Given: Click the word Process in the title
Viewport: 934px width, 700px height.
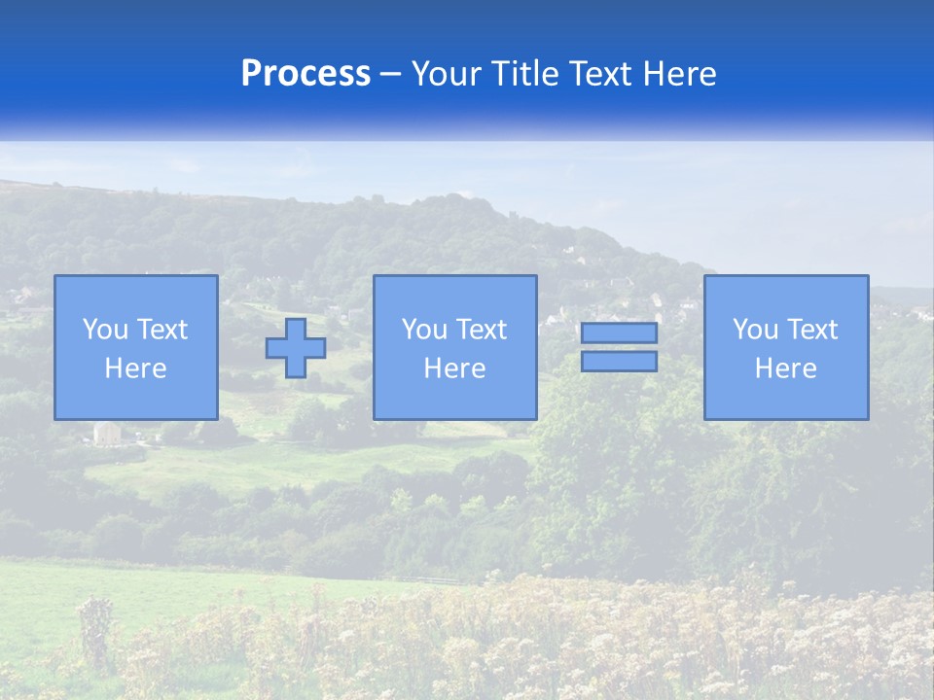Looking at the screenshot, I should tap(305, 74).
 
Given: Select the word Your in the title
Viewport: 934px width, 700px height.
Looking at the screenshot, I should tap(446, 74).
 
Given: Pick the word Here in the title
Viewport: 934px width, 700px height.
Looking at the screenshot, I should tap(680, 74).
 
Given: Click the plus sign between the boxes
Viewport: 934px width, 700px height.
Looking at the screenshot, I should tap(296, 348).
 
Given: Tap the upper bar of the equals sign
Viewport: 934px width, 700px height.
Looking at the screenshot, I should tap(619, 332).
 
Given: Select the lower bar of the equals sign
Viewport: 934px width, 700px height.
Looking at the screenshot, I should tap(619, 362).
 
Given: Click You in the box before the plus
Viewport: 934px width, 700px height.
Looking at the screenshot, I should tap(105, 330).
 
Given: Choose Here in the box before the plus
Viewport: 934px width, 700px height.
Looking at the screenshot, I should tap(135, 368).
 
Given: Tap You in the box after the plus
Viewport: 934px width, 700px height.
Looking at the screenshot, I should tap(424, 330).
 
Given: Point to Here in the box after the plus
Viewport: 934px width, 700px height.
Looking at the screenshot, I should tap(454, 368).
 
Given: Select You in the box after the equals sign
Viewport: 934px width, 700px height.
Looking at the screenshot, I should tap(755, 330).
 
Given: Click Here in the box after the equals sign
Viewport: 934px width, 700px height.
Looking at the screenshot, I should tap(785, 368).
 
